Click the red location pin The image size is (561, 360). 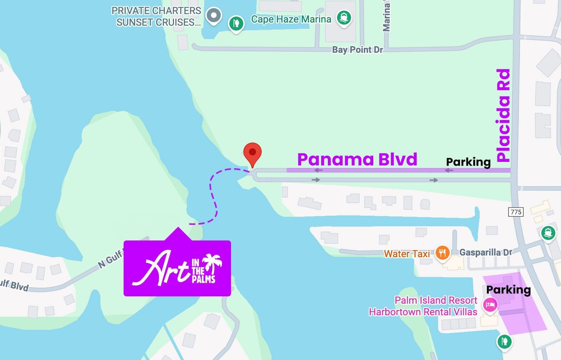(x=252, y=153)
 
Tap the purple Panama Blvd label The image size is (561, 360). (x=357, y=159)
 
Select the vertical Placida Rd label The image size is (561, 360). (x=503, y=115)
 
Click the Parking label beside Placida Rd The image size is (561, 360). (x=468, y=162)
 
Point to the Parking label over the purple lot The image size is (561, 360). (x=508, y=290)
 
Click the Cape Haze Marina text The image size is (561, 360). (x=291, y=19)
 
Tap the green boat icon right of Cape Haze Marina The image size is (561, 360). (x=344, y=17)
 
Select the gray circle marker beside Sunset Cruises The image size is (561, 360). (x=213, y=15)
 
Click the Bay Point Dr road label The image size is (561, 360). (x=357, y=50)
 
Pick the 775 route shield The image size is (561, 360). (x=516, y=212)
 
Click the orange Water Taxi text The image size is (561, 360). (x=406, y=253)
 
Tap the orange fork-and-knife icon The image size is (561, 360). (x=442, y=252)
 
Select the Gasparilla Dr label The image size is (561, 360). (x=486, y=252)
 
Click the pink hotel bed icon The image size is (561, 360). (x=490, y=304)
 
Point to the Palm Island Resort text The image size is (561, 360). (x=435, y=300)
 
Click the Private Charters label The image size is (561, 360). (x=156, y=11)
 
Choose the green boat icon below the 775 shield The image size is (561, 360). (x=548, y=233)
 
